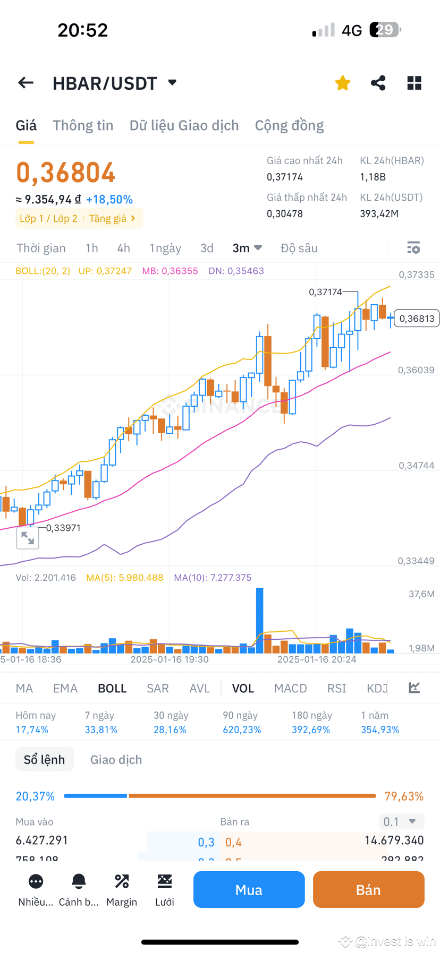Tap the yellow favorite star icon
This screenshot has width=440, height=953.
[343, 83]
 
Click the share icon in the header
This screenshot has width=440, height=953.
[378, 83]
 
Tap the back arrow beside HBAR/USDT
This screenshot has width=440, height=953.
[26, 83]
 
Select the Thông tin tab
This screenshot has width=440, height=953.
[83, 125]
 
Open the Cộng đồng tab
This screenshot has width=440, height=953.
[289, 125]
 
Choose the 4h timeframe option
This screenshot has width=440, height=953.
[124, 248]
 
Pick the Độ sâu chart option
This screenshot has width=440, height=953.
[299, 248]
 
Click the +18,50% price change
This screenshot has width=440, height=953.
[109, 200]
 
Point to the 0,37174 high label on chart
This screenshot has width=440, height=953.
[325, 292]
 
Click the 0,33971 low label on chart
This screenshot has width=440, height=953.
[63, 528]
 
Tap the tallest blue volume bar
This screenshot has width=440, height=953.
[259, 619]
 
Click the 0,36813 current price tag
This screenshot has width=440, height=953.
[417, 319]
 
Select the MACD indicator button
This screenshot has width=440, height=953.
[290, 689]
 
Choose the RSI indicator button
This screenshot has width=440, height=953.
[336, 689]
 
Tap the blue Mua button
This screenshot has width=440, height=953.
[249, 890]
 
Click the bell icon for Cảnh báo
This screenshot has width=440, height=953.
[79, 882]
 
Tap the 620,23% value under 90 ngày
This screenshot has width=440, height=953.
[242, 729]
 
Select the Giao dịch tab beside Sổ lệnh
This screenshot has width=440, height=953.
[116, 760]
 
